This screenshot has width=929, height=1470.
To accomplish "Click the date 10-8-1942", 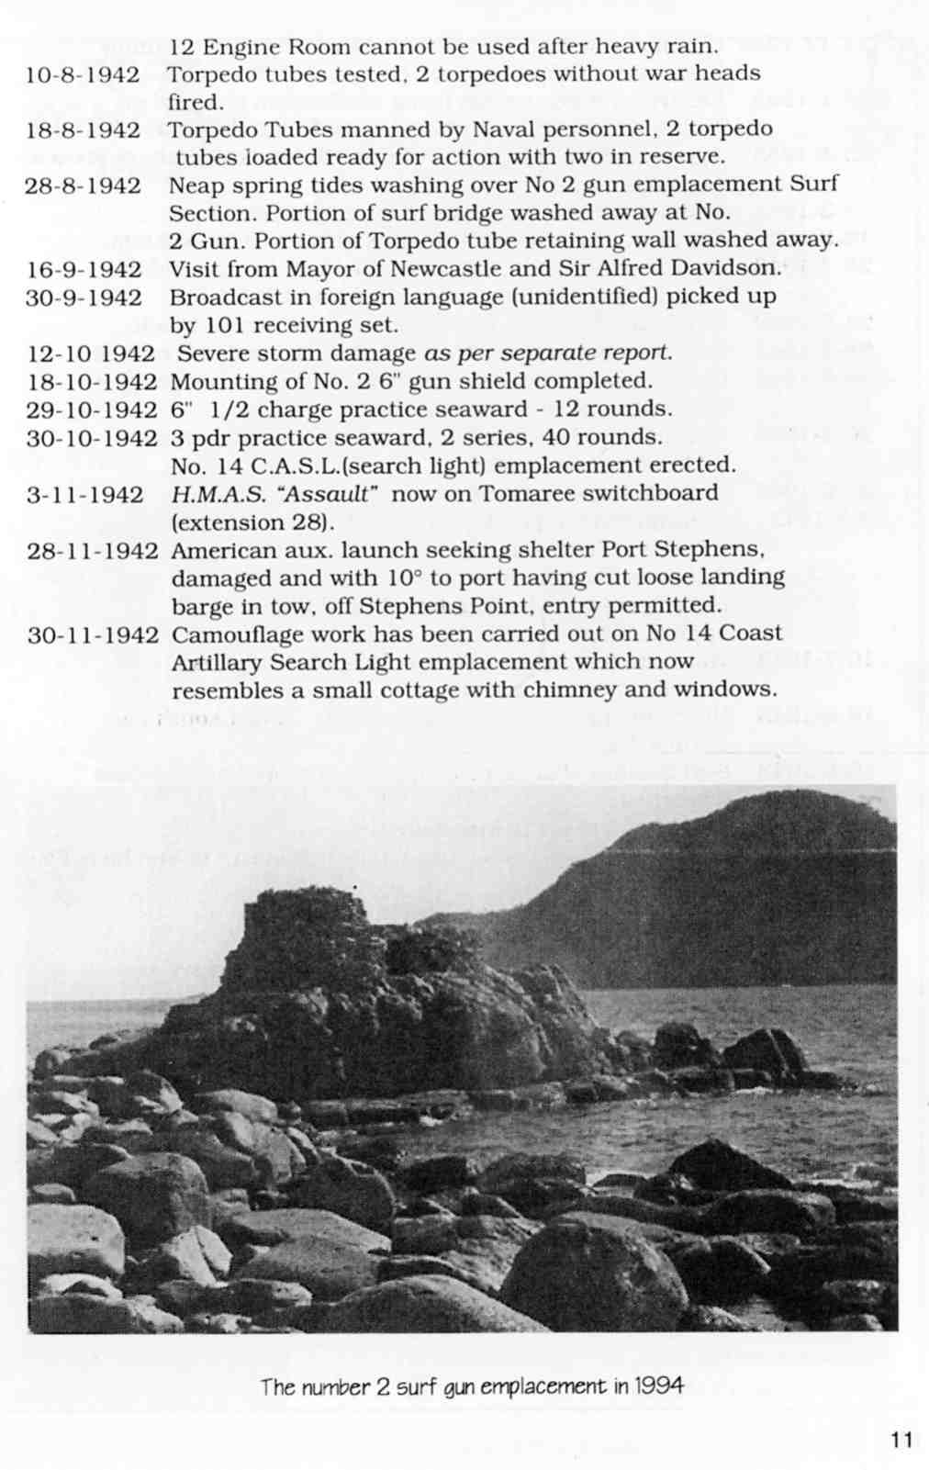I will [84, 74].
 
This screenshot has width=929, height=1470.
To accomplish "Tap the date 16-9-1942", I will [84, 270].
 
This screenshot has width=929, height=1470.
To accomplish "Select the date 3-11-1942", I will [84, 495].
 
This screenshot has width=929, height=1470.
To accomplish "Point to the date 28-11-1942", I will [93, 552].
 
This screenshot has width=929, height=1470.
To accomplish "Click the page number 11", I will [901, 1439].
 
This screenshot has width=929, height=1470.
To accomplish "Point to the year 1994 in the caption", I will [658, 1386].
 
